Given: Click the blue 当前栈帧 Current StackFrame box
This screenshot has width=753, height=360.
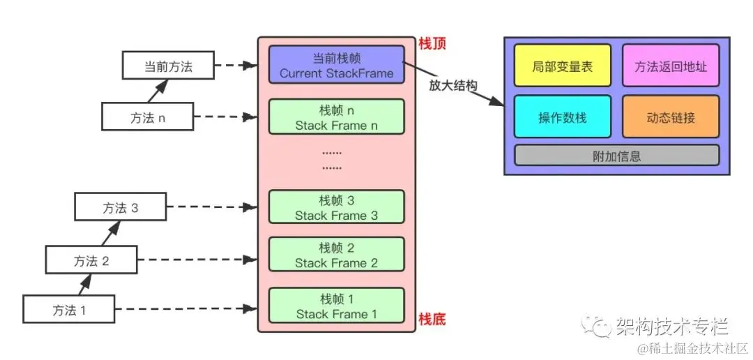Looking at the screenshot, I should [x=336, y=64].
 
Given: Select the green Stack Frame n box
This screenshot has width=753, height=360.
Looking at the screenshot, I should [x=336, y=117].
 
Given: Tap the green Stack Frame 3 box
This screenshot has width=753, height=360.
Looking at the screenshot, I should [x=336, y=208].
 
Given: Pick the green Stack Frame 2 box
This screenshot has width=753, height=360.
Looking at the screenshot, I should [x=336, y=255].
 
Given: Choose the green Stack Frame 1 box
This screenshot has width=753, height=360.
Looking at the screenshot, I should [x=336, y=306].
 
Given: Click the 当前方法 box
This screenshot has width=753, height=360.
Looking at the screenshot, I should [x=168, y=67].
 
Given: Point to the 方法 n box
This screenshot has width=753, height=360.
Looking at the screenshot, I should [x=147, y=117].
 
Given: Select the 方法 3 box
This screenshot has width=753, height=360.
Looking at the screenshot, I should [x=120, y=208].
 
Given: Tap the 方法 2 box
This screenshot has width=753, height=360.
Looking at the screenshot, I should [x=91, y=261].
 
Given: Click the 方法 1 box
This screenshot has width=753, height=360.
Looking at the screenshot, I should [x=69, y=310].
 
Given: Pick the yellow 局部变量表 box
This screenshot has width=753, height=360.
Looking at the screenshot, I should [x=562, y=67].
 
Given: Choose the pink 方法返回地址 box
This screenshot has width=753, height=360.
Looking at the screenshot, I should [x=670, y=67].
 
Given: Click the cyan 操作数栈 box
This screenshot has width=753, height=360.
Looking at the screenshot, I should [x=562, y=117].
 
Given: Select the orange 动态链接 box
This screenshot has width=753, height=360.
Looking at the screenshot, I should [x=670, y=117].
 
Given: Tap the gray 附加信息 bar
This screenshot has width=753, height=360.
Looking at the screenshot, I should [x=616, y=156].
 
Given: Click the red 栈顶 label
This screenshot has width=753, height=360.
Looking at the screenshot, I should [x=431, y=44].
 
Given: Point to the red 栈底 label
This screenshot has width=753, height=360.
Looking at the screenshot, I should [x=431, y=320].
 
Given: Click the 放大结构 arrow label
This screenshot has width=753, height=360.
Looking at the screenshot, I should [x=452, y=87].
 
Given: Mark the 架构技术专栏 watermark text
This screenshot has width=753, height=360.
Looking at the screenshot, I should [x=671, y=325].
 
